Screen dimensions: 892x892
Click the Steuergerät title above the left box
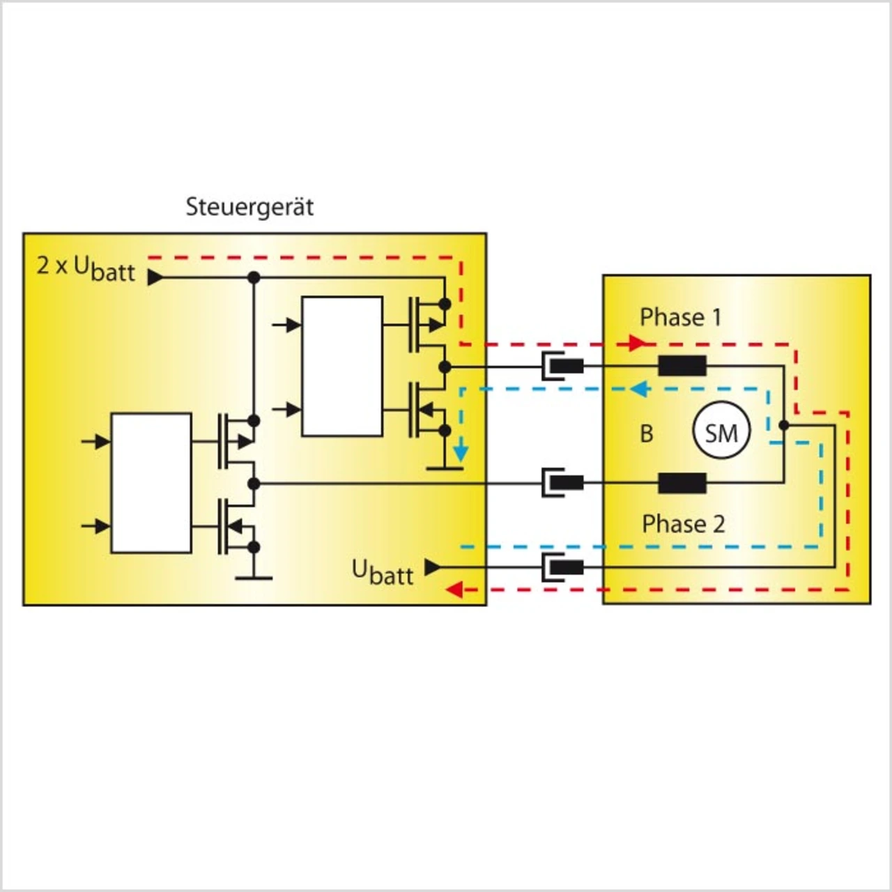(249, 207)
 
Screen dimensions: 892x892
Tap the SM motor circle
(721, 432)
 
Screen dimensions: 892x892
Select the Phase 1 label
(680, 317)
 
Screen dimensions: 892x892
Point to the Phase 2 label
(683, 523)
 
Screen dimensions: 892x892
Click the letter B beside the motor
(647, 433)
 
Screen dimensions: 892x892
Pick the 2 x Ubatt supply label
(86, 268)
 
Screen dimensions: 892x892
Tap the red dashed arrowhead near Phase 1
(636, 343)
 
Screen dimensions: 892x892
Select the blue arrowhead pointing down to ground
(460, 454)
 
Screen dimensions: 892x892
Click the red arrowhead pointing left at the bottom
(454, 590)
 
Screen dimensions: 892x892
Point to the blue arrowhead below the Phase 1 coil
(638, 389)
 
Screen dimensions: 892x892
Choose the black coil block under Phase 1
(682, 365)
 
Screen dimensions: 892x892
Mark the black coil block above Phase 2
(682, 482)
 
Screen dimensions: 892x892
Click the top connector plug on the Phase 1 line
(563, 365)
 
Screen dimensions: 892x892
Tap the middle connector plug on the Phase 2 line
(563, 482)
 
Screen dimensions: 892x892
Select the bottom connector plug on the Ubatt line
(563, 567)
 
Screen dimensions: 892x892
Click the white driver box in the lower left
(151, 483)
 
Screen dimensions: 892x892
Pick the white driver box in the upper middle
(341, 367)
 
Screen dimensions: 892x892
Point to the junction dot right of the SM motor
(784, 424)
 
